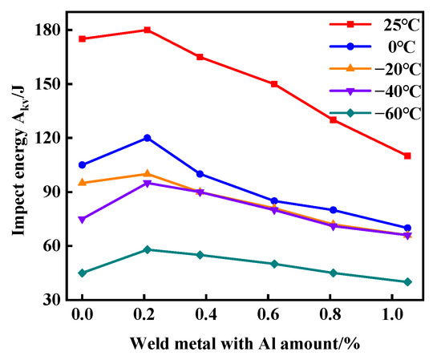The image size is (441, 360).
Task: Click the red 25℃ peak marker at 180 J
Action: click(x=147, y=30)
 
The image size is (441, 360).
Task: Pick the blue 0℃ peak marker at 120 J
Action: click(x=147, y=138)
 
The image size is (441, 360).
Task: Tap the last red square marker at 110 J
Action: click(x=407, y=156)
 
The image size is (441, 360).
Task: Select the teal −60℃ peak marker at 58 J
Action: click(x=147, y=249)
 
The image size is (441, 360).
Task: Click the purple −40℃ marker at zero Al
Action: click(x=82, y=219)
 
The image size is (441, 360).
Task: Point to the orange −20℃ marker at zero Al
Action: click(x=82, y=183)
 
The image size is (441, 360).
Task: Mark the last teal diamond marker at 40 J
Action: click(x=407, y=281)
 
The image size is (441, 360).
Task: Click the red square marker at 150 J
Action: click(x=274, y=83)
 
